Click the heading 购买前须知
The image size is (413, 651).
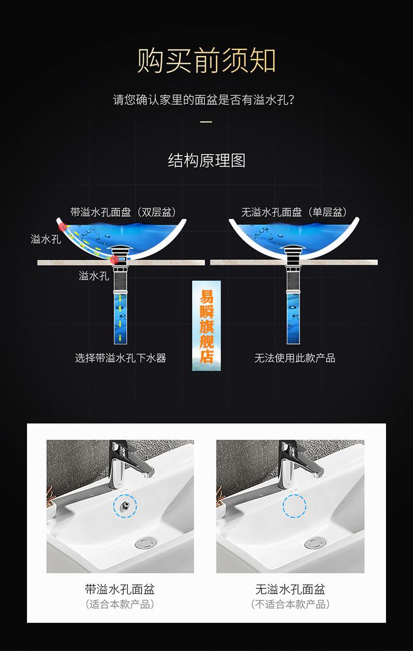tap(206, 61)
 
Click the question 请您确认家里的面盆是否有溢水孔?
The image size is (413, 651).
tap(206, 101)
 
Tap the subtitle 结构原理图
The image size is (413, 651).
tap(206, 161)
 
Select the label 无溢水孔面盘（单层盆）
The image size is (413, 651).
tap(294, 212)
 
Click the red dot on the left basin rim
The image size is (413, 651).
tap(63, 226)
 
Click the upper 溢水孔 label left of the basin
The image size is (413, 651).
tap(46, 239)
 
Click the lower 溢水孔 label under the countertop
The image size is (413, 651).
tap(94, 276)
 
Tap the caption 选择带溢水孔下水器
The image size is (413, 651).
tap(121, 358)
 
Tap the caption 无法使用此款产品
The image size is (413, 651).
tap(295, 358)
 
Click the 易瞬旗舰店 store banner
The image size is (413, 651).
tap(206, 325)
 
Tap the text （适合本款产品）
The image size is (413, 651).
tap(120, 604)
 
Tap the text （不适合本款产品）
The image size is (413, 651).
tap(290, 604)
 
